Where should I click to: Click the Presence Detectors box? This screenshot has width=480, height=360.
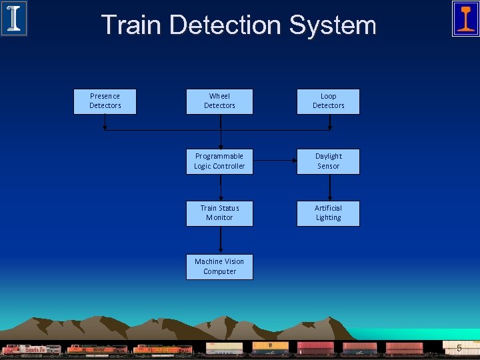tap(105, 101)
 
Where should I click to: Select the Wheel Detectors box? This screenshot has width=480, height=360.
tap(219, 101)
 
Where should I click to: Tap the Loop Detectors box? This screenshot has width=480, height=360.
tap(328, 101)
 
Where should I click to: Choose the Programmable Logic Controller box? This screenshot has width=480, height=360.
tap(219, 161)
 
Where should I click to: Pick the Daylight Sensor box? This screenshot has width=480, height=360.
tap(328, 161)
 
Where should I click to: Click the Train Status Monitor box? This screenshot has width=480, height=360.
tap(219, 213)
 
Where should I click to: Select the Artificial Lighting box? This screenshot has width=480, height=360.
tap(328, 213)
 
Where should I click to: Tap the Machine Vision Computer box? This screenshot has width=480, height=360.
tap(219, 267)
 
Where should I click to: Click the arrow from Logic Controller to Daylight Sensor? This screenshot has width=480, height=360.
tap(275, 161)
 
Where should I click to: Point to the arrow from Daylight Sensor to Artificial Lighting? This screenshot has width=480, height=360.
tap(328, 187)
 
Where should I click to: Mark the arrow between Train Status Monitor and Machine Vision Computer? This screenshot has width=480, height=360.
tap(219, 240)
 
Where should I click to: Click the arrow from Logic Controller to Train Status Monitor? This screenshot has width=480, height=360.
tap(219, 187)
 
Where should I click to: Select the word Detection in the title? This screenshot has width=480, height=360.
tap(225, 25)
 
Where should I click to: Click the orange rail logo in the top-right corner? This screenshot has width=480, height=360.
tap(465, 19)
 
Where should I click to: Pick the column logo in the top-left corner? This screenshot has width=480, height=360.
tap(13, 19)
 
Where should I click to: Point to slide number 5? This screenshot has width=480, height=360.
tap(459, 348)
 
